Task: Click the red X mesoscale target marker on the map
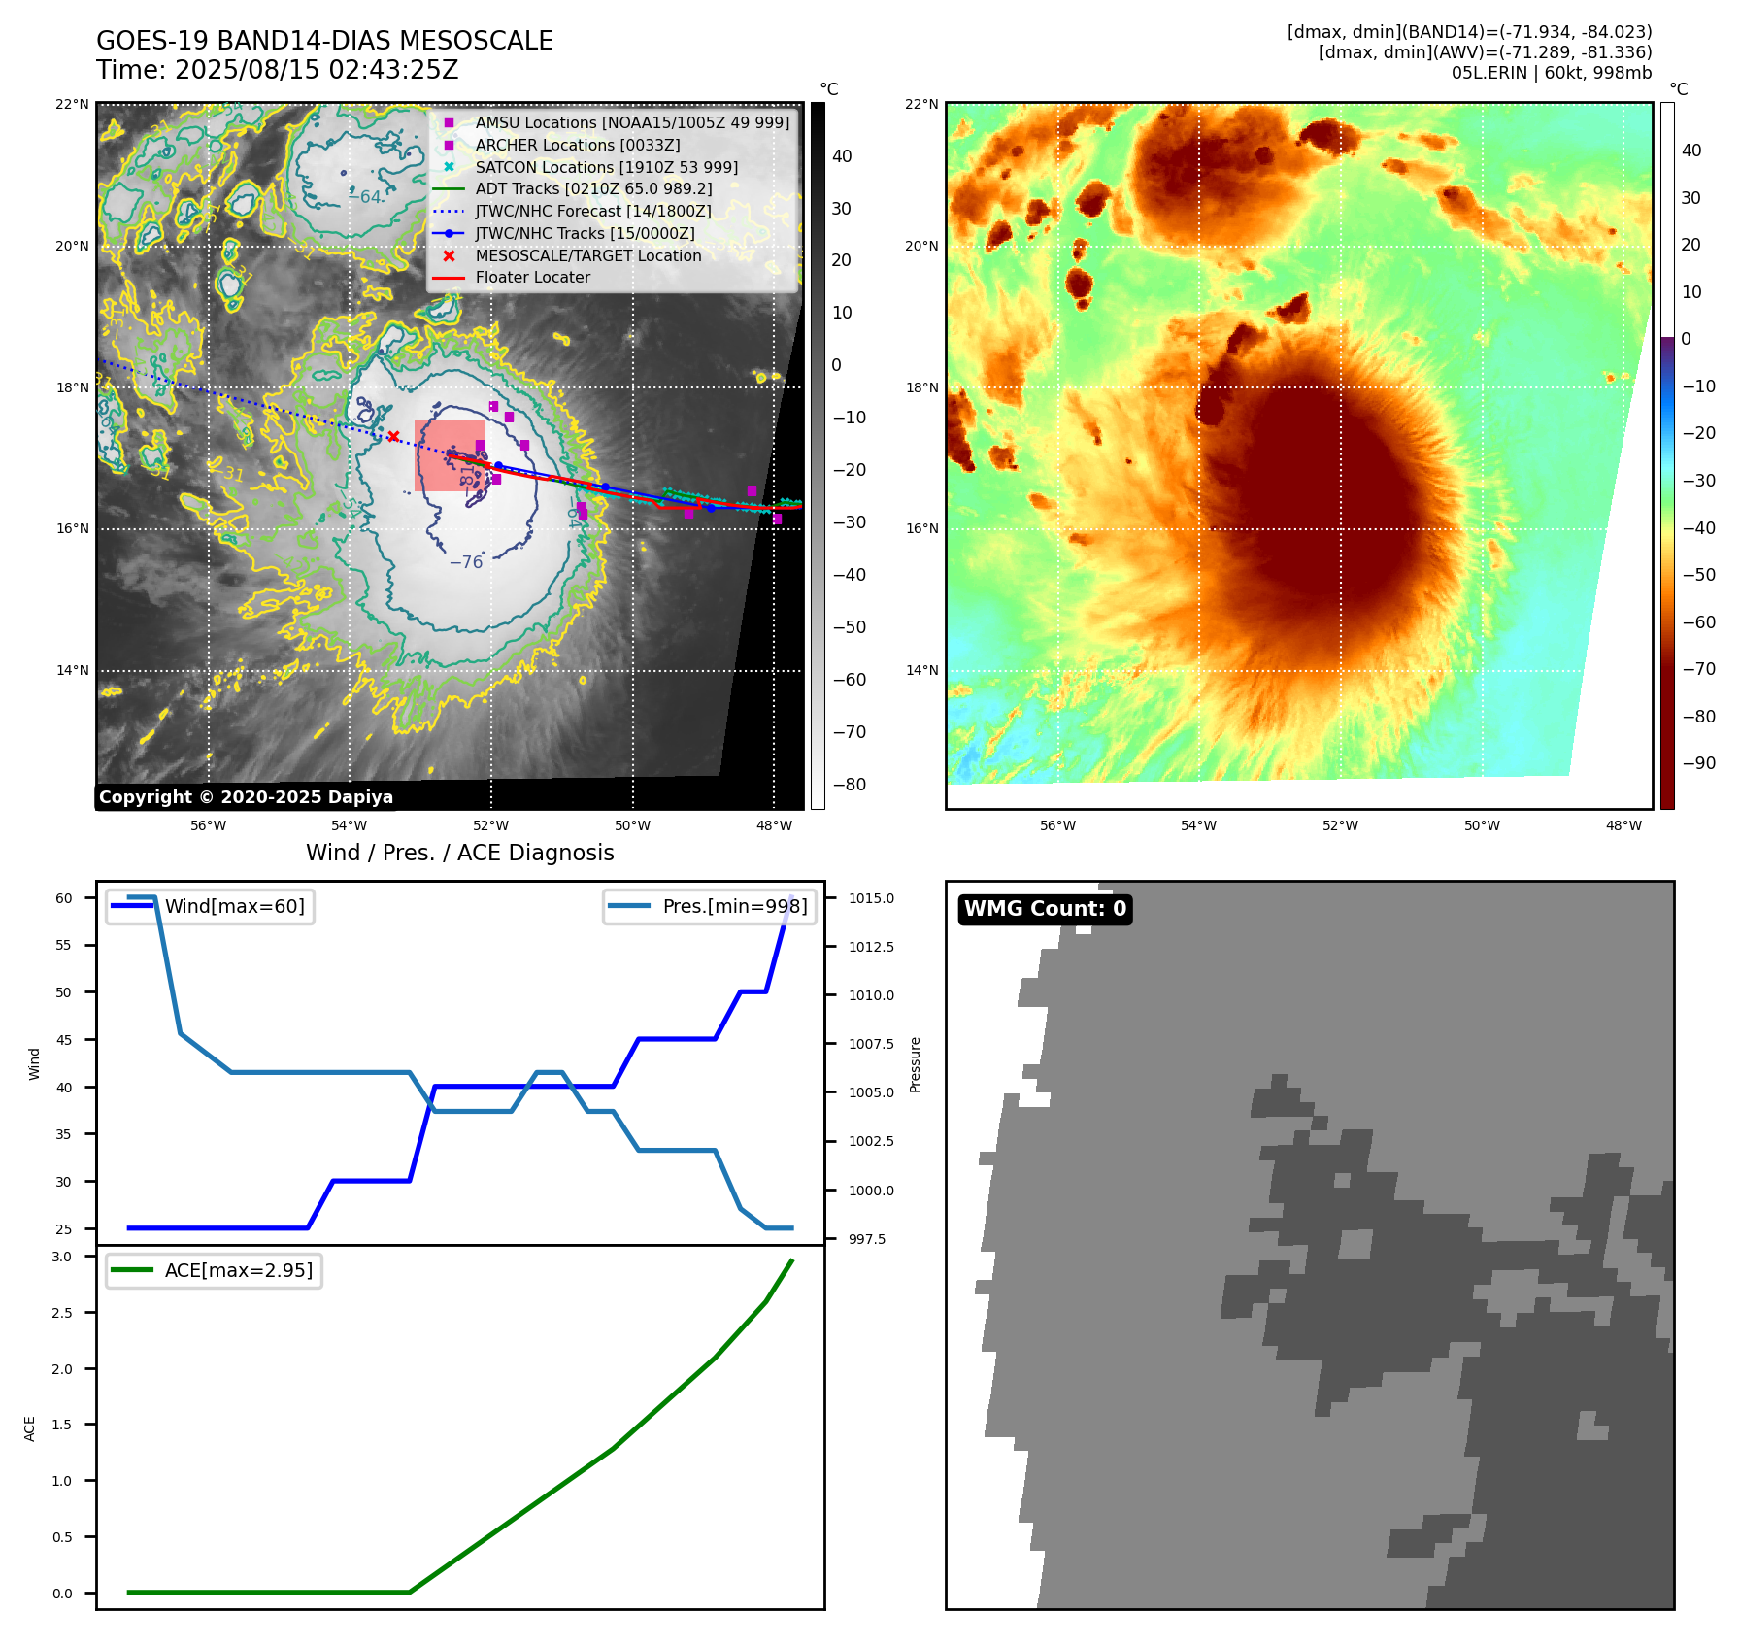(393, 437)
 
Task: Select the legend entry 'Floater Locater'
(532, 278)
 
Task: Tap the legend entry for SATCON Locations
(606, 167)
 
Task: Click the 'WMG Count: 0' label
(1045, 909)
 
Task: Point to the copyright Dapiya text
(246, 797)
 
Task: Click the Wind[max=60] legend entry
(234, 906)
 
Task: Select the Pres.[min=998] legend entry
(734, 906)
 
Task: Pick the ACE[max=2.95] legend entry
(238, 1270)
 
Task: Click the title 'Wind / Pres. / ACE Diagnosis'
(460, 853)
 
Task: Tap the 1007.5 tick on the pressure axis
(871, 1044)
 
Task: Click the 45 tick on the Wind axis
(64, 1040)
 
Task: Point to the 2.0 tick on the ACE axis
(62, 1369)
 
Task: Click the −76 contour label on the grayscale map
(466, 562)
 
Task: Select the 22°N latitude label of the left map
(72, 105)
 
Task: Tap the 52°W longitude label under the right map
(1340, 826)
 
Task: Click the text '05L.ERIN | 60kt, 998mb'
(1552, 73)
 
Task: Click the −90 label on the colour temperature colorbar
(1698, 763)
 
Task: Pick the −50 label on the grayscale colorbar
(850, 627)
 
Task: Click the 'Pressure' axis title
(915, 1065)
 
